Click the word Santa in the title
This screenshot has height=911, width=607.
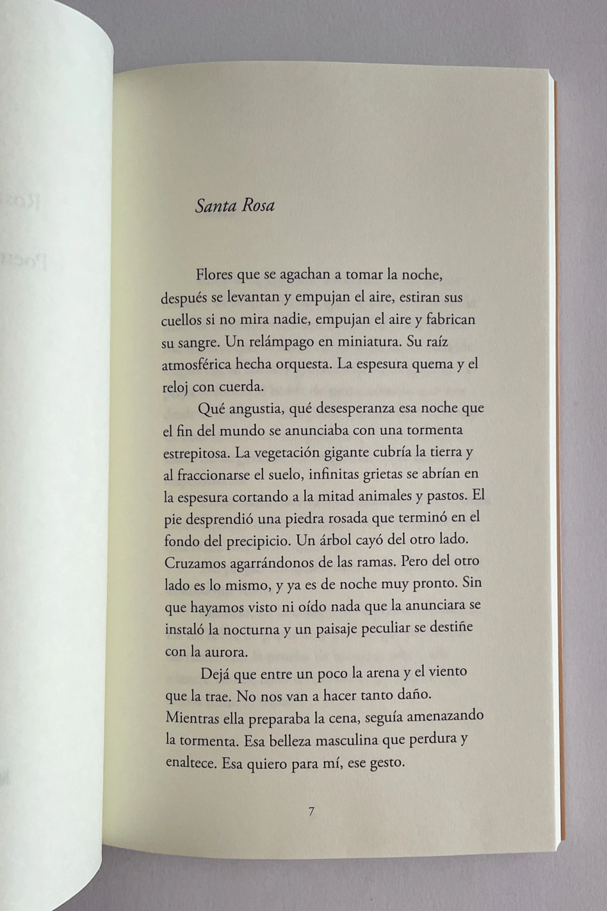(215, 206)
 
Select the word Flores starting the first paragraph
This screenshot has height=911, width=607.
(215, 276)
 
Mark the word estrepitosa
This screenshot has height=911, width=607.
(196, 453)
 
